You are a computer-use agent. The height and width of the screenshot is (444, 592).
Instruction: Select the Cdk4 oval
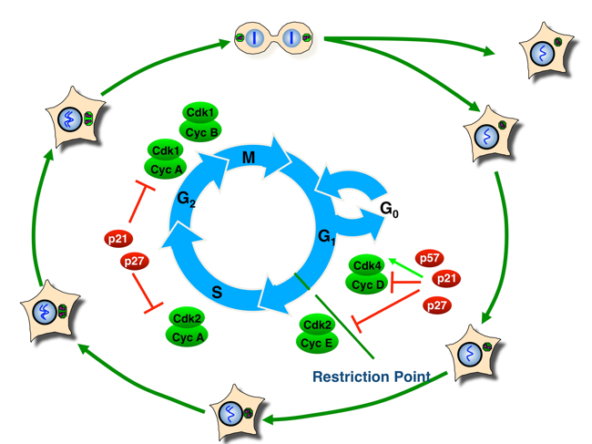(x=366, y=266)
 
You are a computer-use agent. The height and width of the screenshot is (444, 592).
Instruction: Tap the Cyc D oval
(x=366, y=284)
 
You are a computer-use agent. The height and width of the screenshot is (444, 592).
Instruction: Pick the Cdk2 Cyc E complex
(x=317, y=334)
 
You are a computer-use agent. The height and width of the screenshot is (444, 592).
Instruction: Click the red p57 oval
(x=429, y=259)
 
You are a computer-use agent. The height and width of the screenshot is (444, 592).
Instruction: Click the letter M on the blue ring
(x=249, y=159)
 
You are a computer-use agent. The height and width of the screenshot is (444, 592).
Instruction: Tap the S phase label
(x=218, y=293)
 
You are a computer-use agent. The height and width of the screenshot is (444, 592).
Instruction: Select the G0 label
(x=389, y=211)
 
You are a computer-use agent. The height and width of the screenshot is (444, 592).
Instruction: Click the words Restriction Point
(x=371, y=376)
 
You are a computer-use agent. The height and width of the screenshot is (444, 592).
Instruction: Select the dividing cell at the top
(x=273, y=38)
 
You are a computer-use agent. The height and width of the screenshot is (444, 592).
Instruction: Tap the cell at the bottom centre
(x=240, y=413)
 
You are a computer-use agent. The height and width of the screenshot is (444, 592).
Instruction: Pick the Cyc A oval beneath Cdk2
(x=188, y=336)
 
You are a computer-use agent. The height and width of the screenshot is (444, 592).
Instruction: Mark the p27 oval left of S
(x=135, y=263)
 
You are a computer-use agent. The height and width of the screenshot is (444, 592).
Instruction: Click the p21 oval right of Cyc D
(x=446, y=278)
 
